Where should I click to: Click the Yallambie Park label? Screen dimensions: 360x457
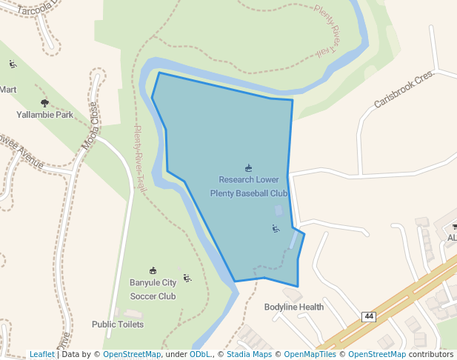[x=44, y=115]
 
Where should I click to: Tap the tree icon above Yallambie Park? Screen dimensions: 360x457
[x=44, y=103]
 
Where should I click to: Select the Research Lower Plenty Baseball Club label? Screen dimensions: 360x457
[x=249, y=187]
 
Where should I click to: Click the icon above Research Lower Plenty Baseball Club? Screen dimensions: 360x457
[x=249, y=168]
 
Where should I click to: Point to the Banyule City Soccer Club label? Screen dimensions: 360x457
[x=153, y=289]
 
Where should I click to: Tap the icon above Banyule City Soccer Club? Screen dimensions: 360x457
[x=153, y=270]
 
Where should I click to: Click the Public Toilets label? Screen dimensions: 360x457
[x=118, y=324]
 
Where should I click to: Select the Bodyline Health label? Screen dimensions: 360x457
[x=294, y=307]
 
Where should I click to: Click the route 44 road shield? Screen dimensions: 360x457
[x=368, y=316]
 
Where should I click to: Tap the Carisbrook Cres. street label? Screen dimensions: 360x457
[x=403, y=90]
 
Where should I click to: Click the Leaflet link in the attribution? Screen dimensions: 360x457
[x=42, y=354]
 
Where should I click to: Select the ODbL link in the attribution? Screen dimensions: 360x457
[x=199, y=354]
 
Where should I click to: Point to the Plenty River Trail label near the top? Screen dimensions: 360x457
[x=327, y=33]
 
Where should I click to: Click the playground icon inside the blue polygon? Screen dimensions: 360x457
[x=276, y=228]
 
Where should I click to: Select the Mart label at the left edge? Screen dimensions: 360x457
[x=8, y=90]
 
